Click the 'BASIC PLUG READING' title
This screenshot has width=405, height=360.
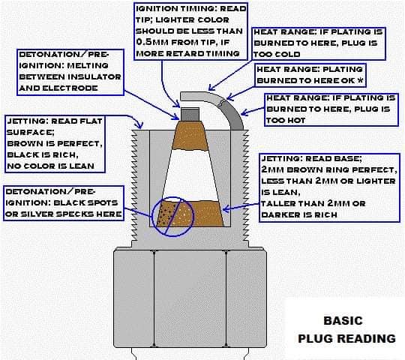click(346, 328)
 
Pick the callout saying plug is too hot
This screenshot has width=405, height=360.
click(330, 109)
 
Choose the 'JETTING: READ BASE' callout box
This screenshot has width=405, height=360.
click(328, 187)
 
